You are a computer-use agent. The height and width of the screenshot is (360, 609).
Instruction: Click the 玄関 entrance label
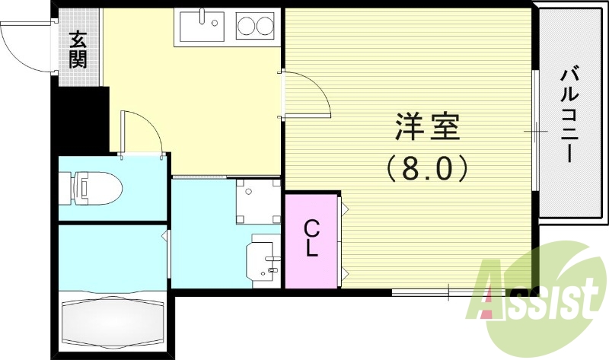(77, 49)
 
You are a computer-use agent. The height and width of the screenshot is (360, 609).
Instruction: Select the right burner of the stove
(265, 27)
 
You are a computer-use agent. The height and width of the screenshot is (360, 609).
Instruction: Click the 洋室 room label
(428, 127)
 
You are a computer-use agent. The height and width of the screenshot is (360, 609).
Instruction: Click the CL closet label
(311, 237)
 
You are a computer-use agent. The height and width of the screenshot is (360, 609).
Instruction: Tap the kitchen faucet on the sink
(204, 16)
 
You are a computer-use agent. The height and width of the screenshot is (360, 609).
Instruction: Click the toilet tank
(66, 186)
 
